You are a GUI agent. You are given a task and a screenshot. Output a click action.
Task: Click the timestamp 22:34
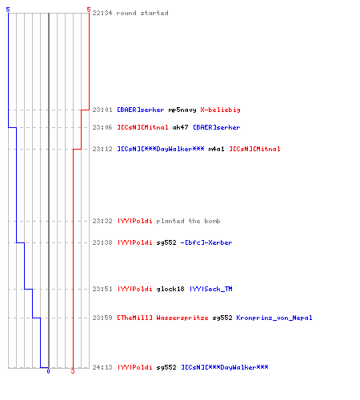pos(102,13)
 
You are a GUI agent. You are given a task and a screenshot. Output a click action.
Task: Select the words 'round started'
pos(142,13)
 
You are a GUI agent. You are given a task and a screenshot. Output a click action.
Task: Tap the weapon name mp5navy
pos(182,110)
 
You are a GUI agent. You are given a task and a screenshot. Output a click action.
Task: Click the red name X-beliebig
pos(220,110)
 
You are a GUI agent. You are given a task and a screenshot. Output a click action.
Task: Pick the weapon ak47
pos(181,127)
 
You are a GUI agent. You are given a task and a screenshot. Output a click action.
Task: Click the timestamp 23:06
pos(102,127)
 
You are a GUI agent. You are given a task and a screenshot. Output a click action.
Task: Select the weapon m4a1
pos(216,149)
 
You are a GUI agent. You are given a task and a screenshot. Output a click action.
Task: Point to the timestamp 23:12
pos(102,149)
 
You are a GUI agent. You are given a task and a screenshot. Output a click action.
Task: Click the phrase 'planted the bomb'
pos(188,221)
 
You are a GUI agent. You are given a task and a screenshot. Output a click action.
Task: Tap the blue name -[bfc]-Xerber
pos(206,242)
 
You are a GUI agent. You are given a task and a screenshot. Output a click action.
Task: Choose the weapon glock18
pos(170,289)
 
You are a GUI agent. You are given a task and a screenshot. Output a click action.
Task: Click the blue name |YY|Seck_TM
pos(211,289)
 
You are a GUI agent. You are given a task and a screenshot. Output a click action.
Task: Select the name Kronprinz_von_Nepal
pos(274,318)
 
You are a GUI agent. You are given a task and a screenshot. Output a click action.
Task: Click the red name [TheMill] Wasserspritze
pos(162,318)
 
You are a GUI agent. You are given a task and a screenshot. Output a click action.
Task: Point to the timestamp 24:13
pos(102,367)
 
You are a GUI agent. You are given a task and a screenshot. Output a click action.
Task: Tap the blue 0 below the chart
pos(48,371)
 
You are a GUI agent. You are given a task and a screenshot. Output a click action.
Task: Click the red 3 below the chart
pos(73,371)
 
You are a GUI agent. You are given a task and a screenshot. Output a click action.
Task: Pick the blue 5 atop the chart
pos(8,10)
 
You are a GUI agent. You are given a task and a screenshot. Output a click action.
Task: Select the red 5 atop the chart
pos(89,10)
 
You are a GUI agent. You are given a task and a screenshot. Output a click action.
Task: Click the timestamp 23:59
pos(102,318)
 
